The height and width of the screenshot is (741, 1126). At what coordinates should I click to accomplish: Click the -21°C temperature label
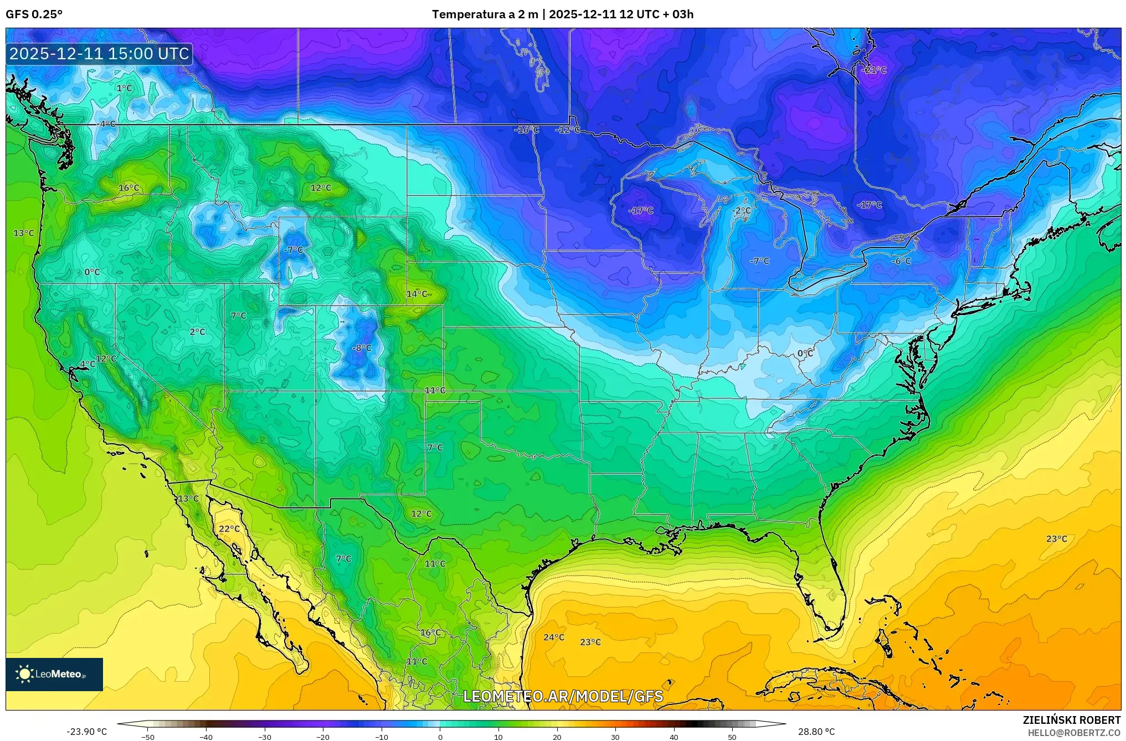[875, 70]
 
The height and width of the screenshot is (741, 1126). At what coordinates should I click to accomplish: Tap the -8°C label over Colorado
[362, 348]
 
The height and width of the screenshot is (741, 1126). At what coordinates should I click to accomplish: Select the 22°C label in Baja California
[229, 529]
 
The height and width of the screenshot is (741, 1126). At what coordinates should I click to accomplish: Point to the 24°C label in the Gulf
[553, 637]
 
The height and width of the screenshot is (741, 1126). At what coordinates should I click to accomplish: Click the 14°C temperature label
[417, 294]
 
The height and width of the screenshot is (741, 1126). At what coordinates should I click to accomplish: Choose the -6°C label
[902, 261]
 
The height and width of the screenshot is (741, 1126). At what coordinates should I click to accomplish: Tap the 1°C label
[124, 88]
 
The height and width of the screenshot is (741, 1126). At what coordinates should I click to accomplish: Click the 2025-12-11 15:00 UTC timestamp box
[99, 54]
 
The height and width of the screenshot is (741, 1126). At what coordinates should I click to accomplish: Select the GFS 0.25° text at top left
[34, 14]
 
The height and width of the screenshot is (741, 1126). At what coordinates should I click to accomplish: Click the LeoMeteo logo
[54, 674]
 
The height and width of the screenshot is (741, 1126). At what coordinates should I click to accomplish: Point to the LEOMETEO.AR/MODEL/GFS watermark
[563, 696]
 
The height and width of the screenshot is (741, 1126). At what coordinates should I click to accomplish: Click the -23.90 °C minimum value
[86, 732]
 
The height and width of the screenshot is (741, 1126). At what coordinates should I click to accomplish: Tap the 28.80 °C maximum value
[816, 732]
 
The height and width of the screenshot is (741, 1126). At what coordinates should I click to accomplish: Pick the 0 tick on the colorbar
[440, 737]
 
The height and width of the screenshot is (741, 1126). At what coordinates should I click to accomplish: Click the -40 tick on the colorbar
[206, 737]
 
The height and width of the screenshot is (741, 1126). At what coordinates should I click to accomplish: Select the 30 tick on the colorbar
[615, 737]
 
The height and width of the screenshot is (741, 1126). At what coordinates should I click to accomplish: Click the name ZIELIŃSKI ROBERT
[1071, 720]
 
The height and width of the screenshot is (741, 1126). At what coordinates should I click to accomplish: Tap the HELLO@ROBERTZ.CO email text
[1074, 733]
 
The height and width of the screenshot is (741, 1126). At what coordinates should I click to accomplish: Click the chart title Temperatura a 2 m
[485, 14]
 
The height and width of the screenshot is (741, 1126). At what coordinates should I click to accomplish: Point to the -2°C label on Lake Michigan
[741, 211]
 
